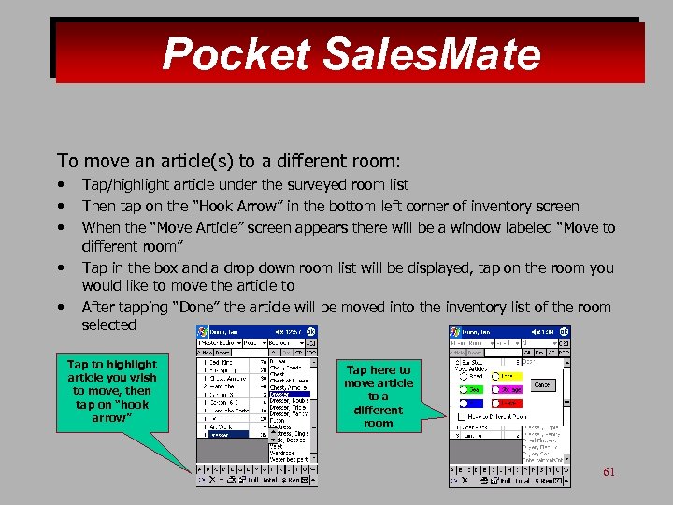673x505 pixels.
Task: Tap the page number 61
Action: coord(609,472)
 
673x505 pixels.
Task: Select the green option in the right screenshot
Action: coord(474,389)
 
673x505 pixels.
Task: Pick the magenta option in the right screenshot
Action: coord(510,389)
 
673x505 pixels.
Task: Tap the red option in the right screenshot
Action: coord(474,375)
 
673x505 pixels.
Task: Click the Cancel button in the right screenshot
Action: coord(541,384)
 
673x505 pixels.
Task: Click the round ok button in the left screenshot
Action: coord(311,333)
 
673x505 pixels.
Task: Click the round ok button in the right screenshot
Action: coord(564,333)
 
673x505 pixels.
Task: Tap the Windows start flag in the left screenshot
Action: coord(202,333)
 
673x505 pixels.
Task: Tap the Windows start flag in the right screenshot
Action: coord(455,333)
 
